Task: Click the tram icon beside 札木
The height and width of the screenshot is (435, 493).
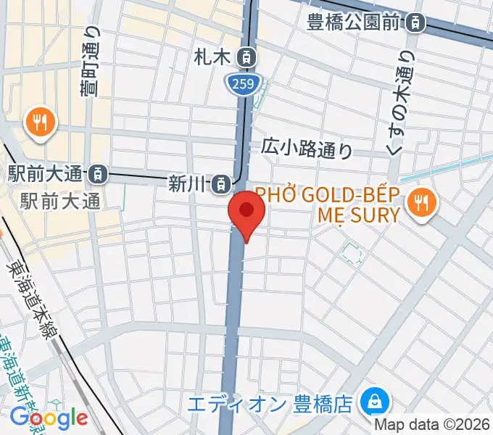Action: [248, 56]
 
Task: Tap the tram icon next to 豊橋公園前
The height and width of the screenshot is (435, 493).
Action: [415, 23]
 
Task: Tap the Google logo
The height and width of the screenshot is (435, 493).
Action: [49, 418]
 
